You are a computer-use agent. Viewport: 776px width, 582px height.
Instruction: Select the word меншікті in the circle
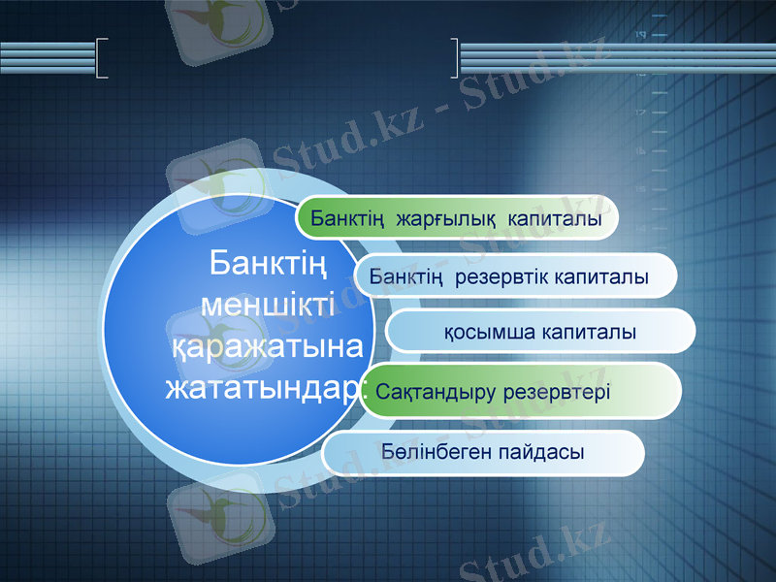(x=267, y=303)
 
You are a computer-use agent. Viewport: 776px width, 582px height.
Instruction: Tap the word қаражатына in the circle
(x=267, y=345)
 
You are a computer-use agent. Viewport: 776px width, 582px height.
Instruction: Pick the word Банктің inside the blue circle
(x=267, y=262)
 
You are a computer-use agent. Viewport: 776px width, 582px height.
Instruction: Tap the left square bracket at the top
(x=102, y=57)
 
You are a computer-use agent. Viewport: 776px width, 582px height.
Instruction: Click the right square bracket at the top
(x=455, y=57)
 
